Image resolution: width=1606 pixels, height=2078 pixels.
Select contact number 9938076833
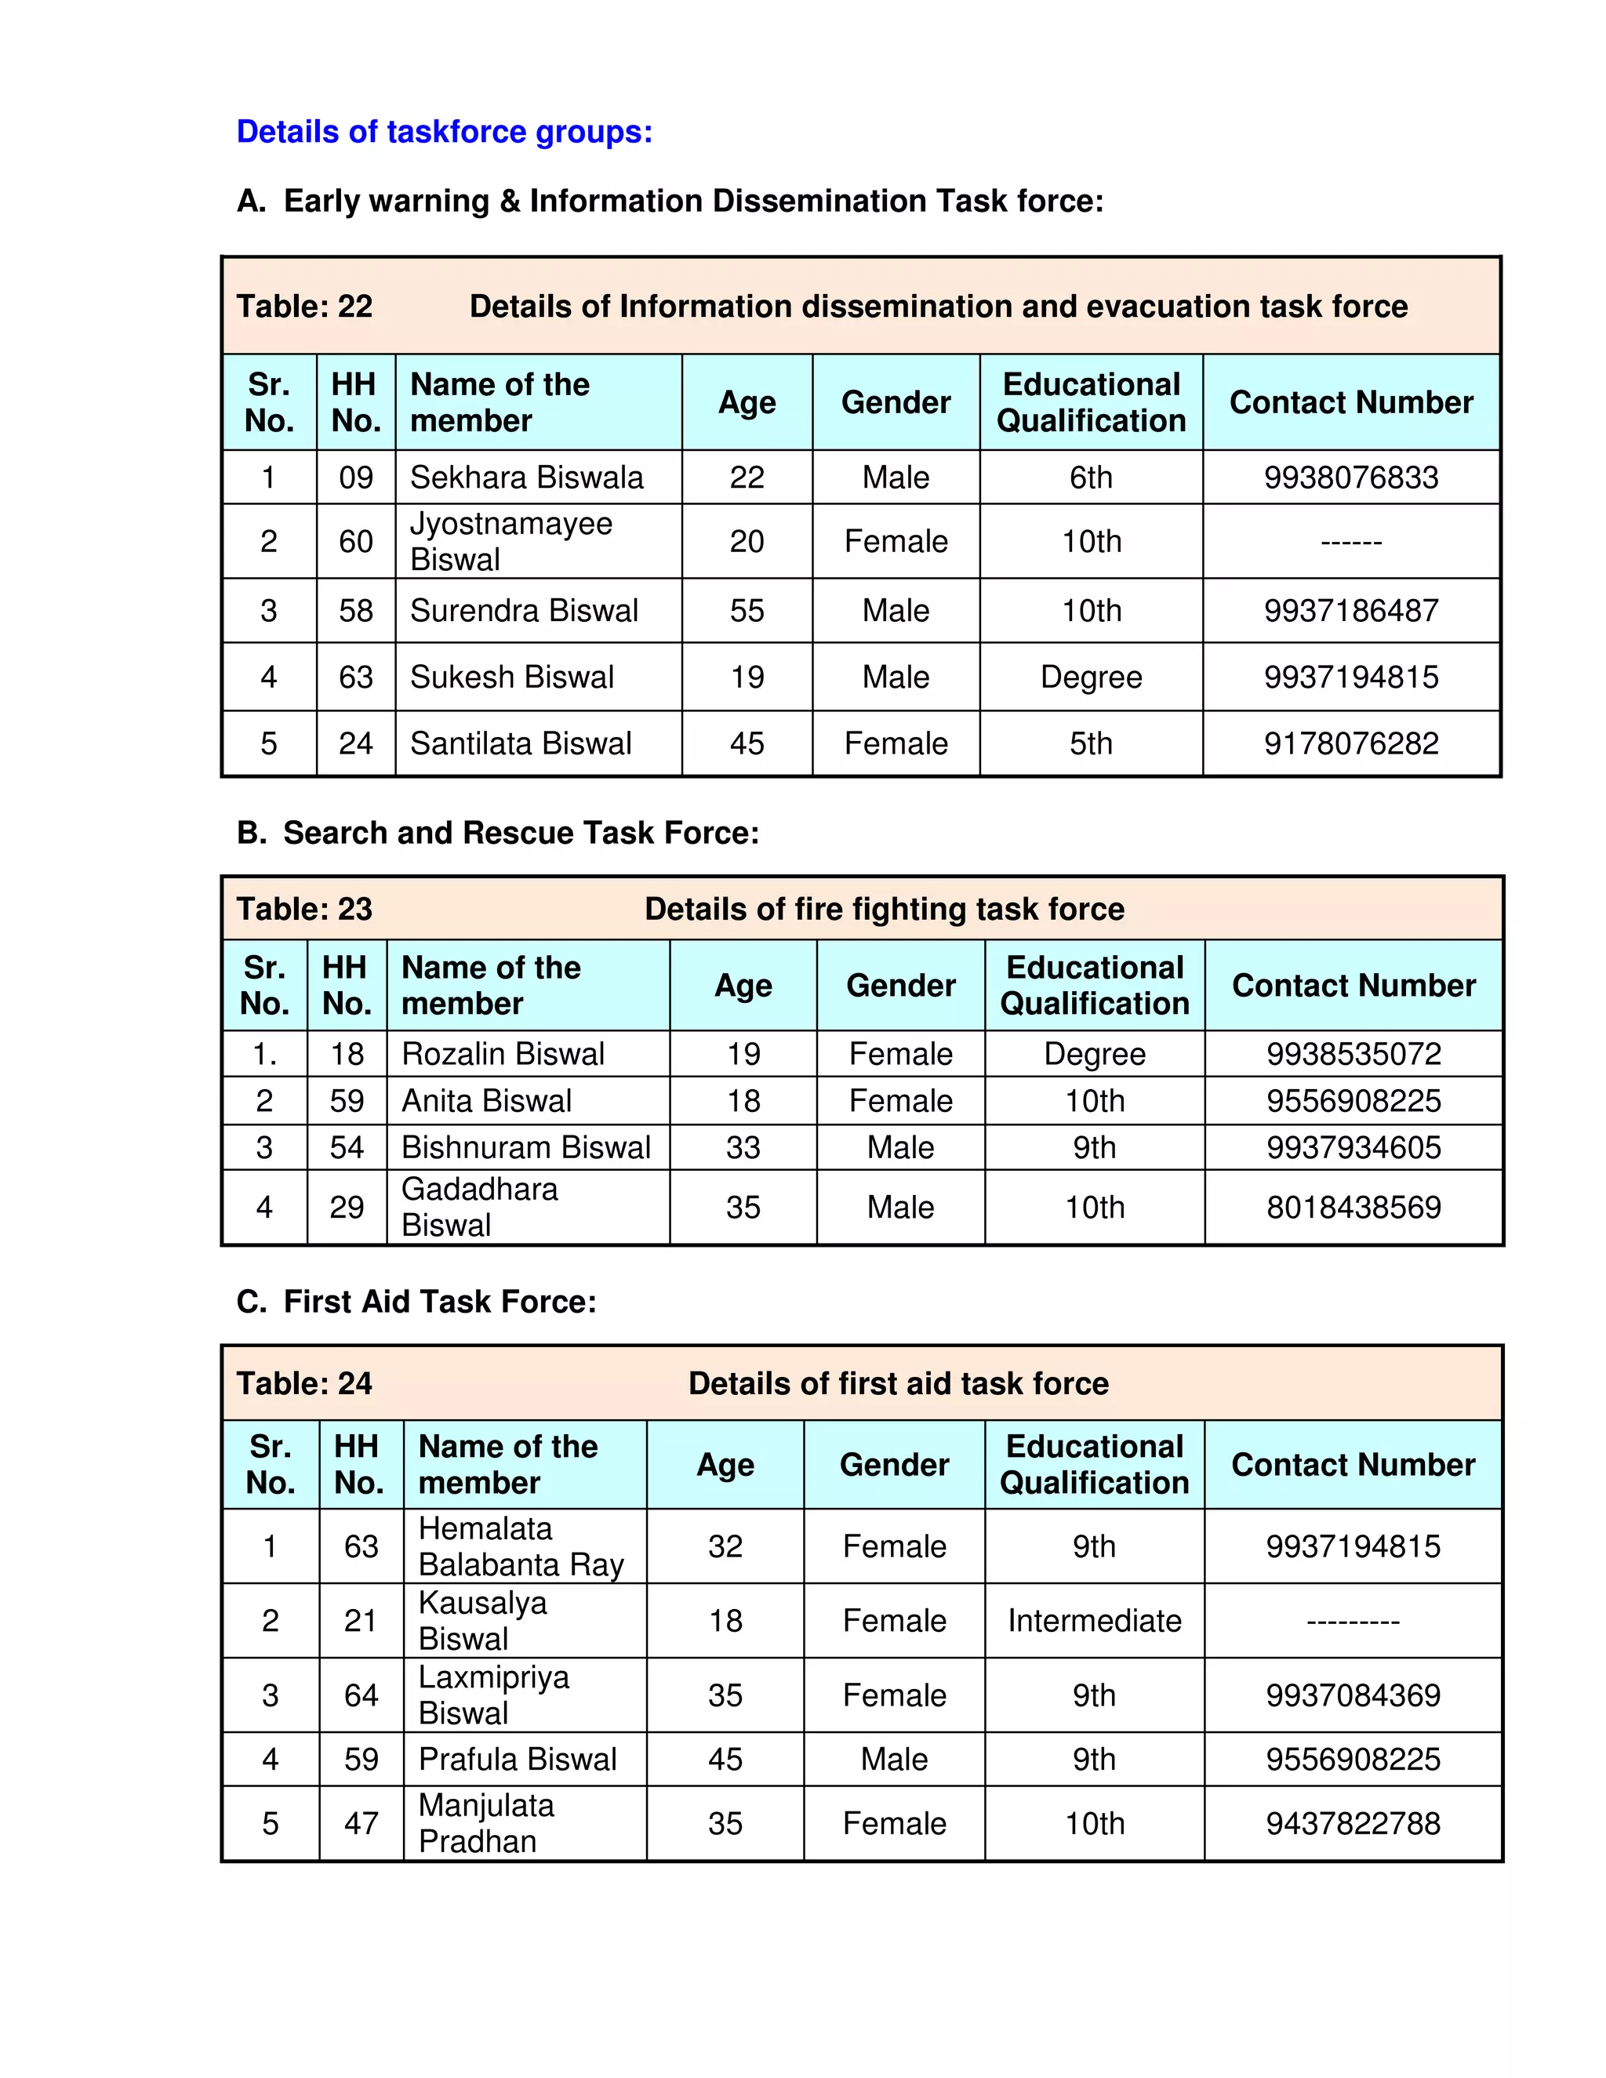[x=1351, y=478]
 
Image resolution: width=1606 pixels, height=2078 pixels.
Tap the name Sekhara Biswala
[x=526, y=478]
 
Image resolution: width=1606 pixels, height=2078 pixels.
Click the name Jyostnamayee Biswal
[x=511, y=541]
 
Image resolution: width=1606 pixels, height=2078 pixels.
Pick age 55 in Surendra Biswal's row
[x=747, y=611]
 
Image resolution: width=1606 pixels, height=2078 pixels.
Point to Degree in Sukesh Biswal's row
[x=1092, y=678]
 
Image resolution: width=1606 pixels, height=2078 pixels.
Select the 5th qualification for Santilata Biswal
[x=1092, y=744]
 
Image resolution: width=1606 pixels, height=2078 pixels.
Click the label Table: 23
[x=304, y=910]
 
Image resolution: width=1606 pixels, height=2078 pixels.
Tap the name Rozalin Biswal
[x=503, y=1054]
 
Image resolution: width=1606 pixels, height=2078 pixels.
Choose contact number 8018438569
[x=1353, y=1208]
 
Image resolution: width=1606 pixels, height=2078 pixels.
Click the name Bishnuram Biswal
[x=525, y=1147]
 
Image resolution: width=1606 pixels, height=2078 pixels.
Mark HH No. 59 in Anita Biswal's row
[x=347, y=1101]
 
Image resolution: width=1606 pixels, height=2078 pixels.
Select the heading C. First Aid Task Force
[x=416, y=1302]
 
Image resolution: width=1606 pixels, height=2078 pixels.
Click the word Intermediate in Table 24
[x=1094, y=1622]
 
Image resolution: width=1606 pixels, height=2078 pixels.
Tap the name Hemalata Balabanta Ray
[x=521, y=1547]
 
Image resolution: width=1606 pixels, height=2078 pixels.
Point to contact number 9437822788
[x=1353, y=1824]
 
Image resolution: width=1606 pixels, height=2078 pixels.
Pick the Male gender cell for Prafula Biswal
[x=894, y=1760]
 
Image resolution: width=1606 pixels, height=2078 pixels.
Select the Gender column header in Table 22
[x=896, y=402]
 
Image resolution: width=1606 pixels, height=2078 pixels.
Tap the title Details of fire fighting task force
[x=884, y=910]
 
